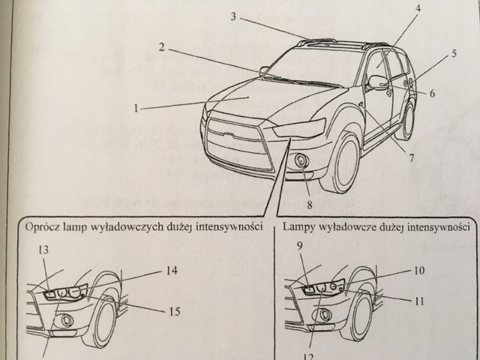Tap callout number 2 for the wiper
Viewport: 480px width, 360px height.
click(162, 47)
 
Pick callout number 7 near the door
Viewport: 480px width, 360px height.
click(412, 157)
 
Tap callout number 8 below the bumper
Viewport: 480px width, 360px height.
click(308, 202)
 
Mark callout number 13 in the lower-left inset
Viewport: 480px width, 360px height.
click(43, 250)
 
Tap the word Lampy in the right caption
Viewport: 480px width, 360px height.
click(299, 224)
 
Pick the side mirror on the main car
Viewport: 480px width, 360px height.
click(377, 82)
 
